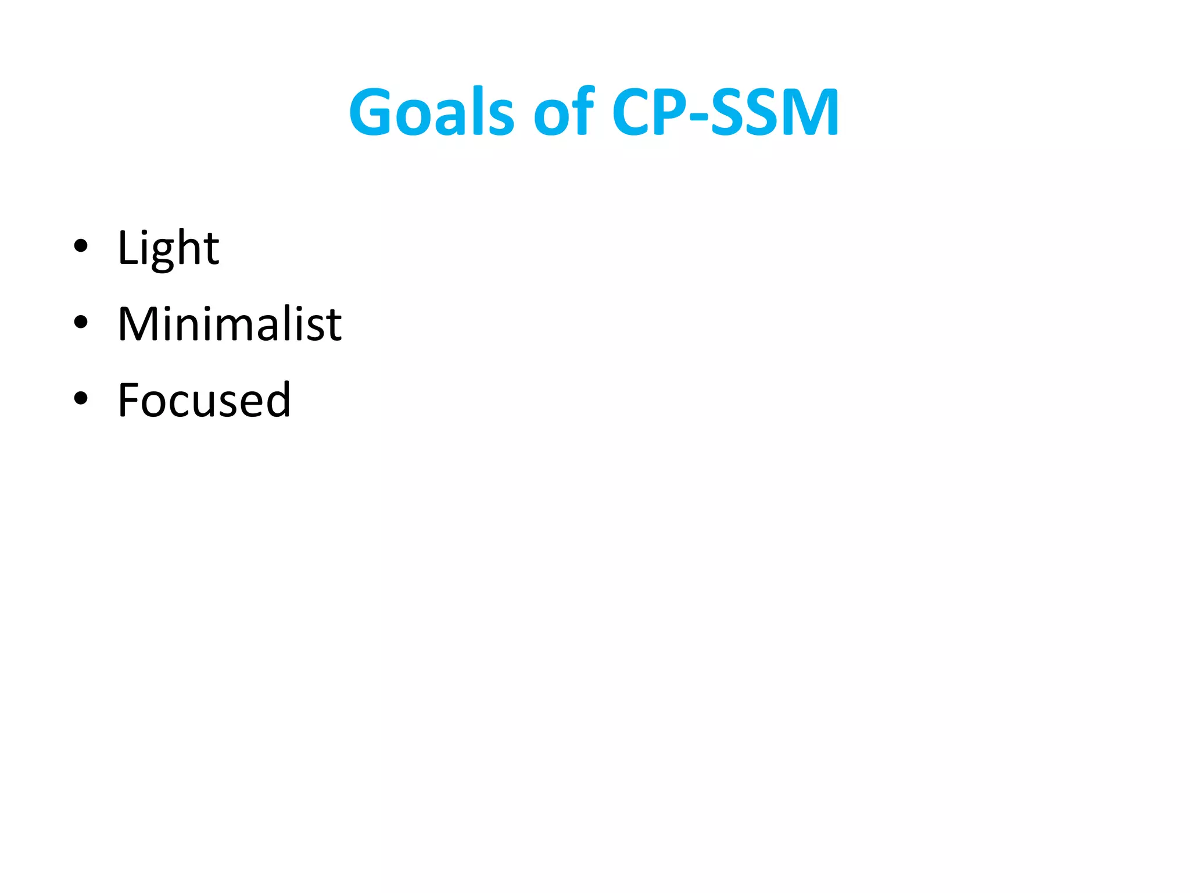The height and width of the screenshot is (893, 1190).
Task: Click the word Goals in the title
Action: tap(431, 112)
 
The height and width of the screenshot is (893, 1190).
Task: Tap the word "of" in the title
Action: tap(563, 112)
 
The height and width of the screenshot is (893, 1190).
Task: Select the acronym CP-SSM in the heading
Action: tap(725, 112)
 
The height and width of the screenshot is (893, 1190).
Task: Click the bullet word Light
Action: tap(168, 248)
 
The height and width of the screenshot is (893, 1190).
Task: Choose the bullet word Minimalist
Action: tap(230, 324)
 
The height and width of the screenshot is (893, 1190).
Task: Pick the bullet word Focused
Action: tap(204, 400)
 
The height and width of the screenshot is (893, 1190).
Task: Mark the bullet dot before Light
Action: tap(81, 246)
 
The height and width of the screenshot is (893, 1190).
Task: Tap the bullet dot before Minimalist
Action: tap(81, 322)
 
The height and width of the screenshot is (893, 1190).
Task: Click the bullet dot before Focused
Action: tap(81, 398)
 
